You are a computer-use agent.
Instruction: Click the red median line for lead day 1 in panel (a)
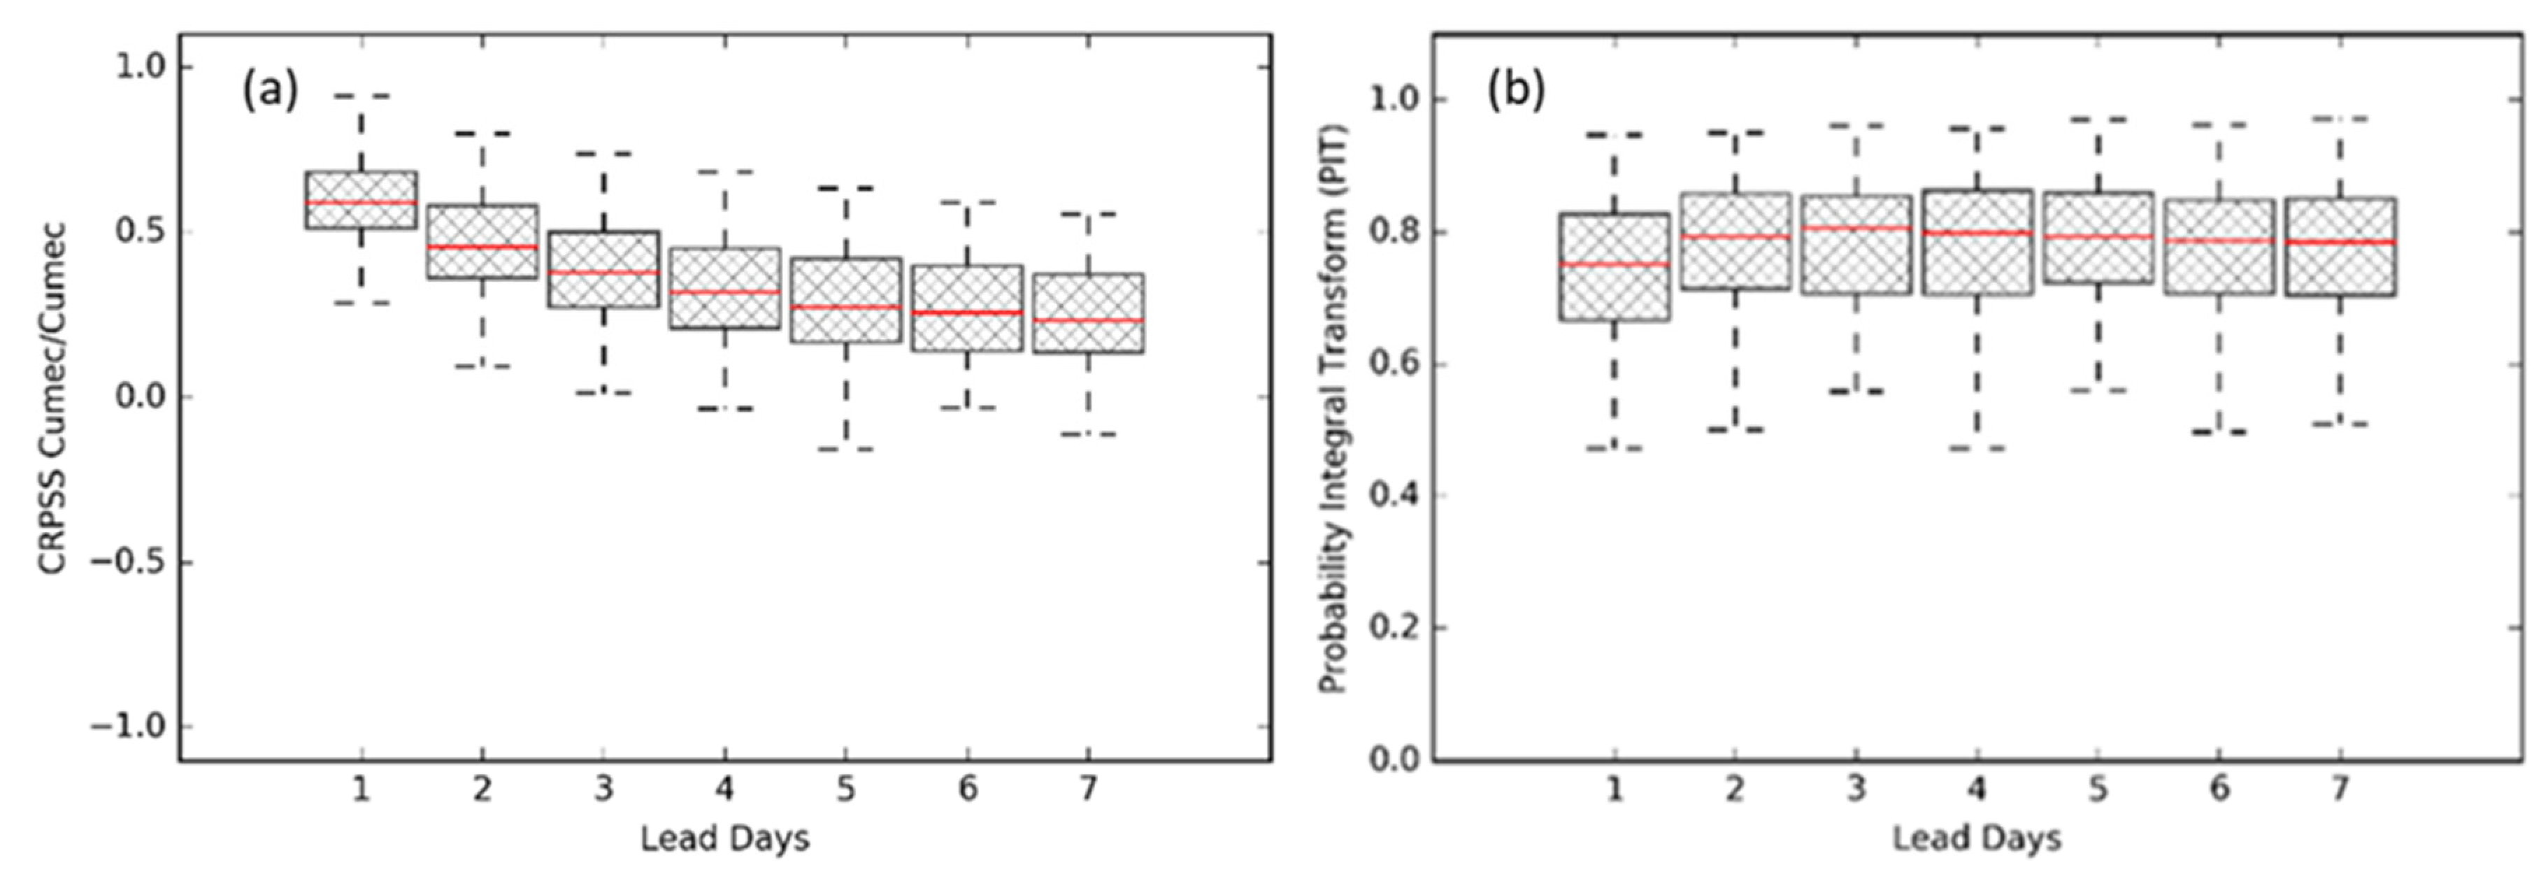[x=361, y=202]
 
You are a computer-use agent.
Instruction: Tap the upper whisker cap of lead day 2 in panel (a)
[x=482, y=133]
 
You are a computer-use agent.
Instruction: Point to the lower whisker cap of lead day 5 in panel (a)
[x=845, y=449]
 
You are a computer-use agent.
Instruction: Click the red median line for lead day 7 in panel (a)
[x=1088, y=320]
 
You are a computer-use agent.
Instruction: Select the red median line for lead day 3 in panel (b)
[x=1856, y=229]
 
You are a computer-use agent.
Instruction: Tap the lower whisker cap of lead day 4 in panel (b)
[x=1976, y=448]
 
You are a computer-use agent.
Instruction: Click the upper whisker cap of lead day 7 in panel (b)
[x=2340, y=119]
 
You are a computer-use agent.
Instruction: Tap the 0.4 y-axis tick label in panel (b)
[x=1393, y=496]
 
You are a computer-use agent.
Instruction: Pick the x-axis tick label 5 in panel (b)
[x=2097, y=789]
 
